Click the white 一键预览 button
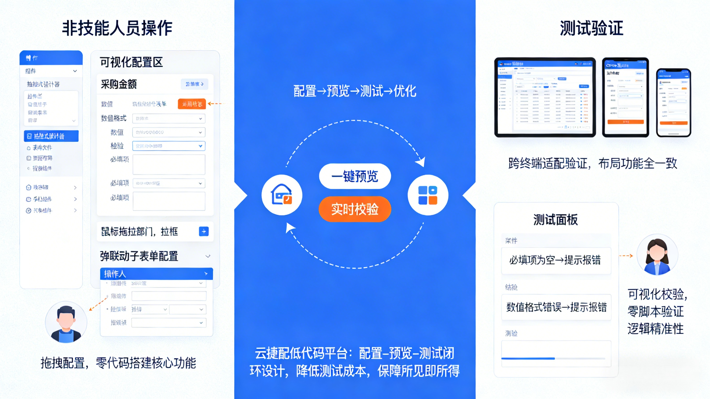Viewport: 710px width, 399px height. [355, 176]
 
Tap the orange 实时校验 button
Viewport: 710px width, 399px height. [355, 209]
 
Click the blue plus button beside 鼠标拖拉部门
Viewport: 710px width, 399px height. [204, 231]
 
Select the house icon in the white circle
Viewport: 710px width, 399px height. [282, 195]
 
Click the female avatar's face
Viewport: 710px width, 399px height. [657, 252]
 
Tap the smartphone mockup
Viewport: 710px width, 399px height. [673, 103]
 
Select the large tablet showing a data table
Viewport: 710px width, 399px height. [545, 97]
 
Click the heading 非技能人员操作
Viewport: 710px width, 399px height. [117, 28]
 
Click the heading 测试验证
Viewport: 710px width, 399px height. [591, 28]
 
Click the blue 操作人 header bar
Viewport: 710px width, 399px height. [156, 274]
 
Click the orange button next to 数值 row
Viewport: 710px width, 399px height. [192, 104]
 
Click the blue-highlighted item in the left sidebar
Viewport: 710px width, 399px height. [51, 136]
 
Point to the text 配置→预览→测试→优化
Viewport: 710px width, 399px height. [355, 91]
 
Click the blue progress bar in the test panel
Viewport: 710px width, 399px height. [528, 358]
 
